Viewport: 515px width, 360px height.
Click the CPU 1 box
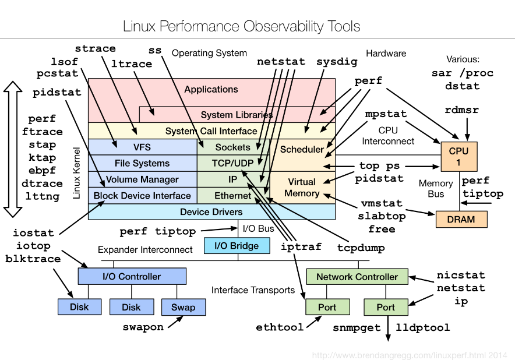(x=458, y=157)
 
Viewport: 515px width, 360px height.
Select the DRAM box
(x=461, y=220)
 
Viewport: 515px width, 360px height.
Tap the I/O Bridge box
(x=237, y=246)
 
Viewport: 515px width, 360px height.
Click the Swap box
(x=183, y=307)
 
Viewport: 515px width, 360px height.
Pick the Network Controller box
(x=357, y=277)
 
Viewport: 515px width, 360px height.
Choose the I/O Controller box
(x=132, y=276)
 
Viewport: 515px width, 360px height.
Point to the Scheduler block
(x=302, y=149)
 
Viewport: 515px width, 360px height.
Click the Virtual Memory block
(x=302, y=188)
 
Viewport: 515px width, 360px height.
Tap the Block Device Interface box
(x=142, y=196)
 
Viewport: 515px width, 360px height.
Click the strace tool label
(x=96, y=48)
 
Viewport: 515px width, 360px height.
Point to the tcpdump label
(x=361, y=248)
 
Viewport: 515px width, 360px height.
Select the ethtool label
(x=280, y=327)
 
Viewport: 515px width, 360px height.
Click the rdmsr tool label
(x=461, y=110)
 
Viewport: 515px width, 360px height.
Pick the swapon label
(x=143, y=327)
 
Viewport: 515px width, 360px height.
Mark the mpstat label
(x=386, y=114)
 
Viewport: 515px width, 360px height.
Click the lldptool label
(x=423, y=327)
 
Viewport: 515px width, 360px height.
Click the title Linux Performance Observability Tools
(x=241, y=26)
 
